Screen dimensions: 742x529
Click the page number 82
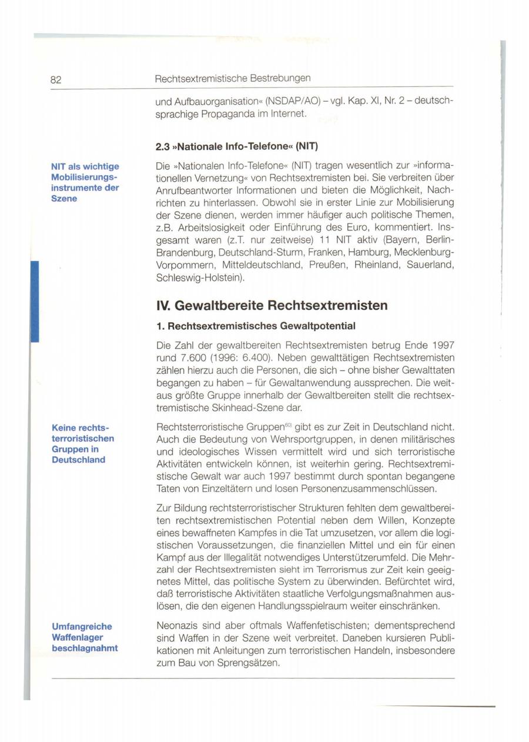(56, 79)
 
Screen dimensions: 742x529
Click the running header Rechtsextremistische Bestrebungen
(232, 78)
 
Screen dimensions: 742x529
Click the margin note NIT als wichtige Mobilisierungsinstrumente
(85, 183)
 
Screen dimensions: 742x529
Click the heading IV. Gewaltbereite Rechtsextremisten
(272, 306)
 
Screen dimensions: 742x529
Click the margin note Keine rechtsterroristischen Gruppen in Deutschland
(83, 443)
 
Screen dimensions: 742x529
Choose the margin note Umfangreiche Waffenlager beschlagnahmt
(85, 637)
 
